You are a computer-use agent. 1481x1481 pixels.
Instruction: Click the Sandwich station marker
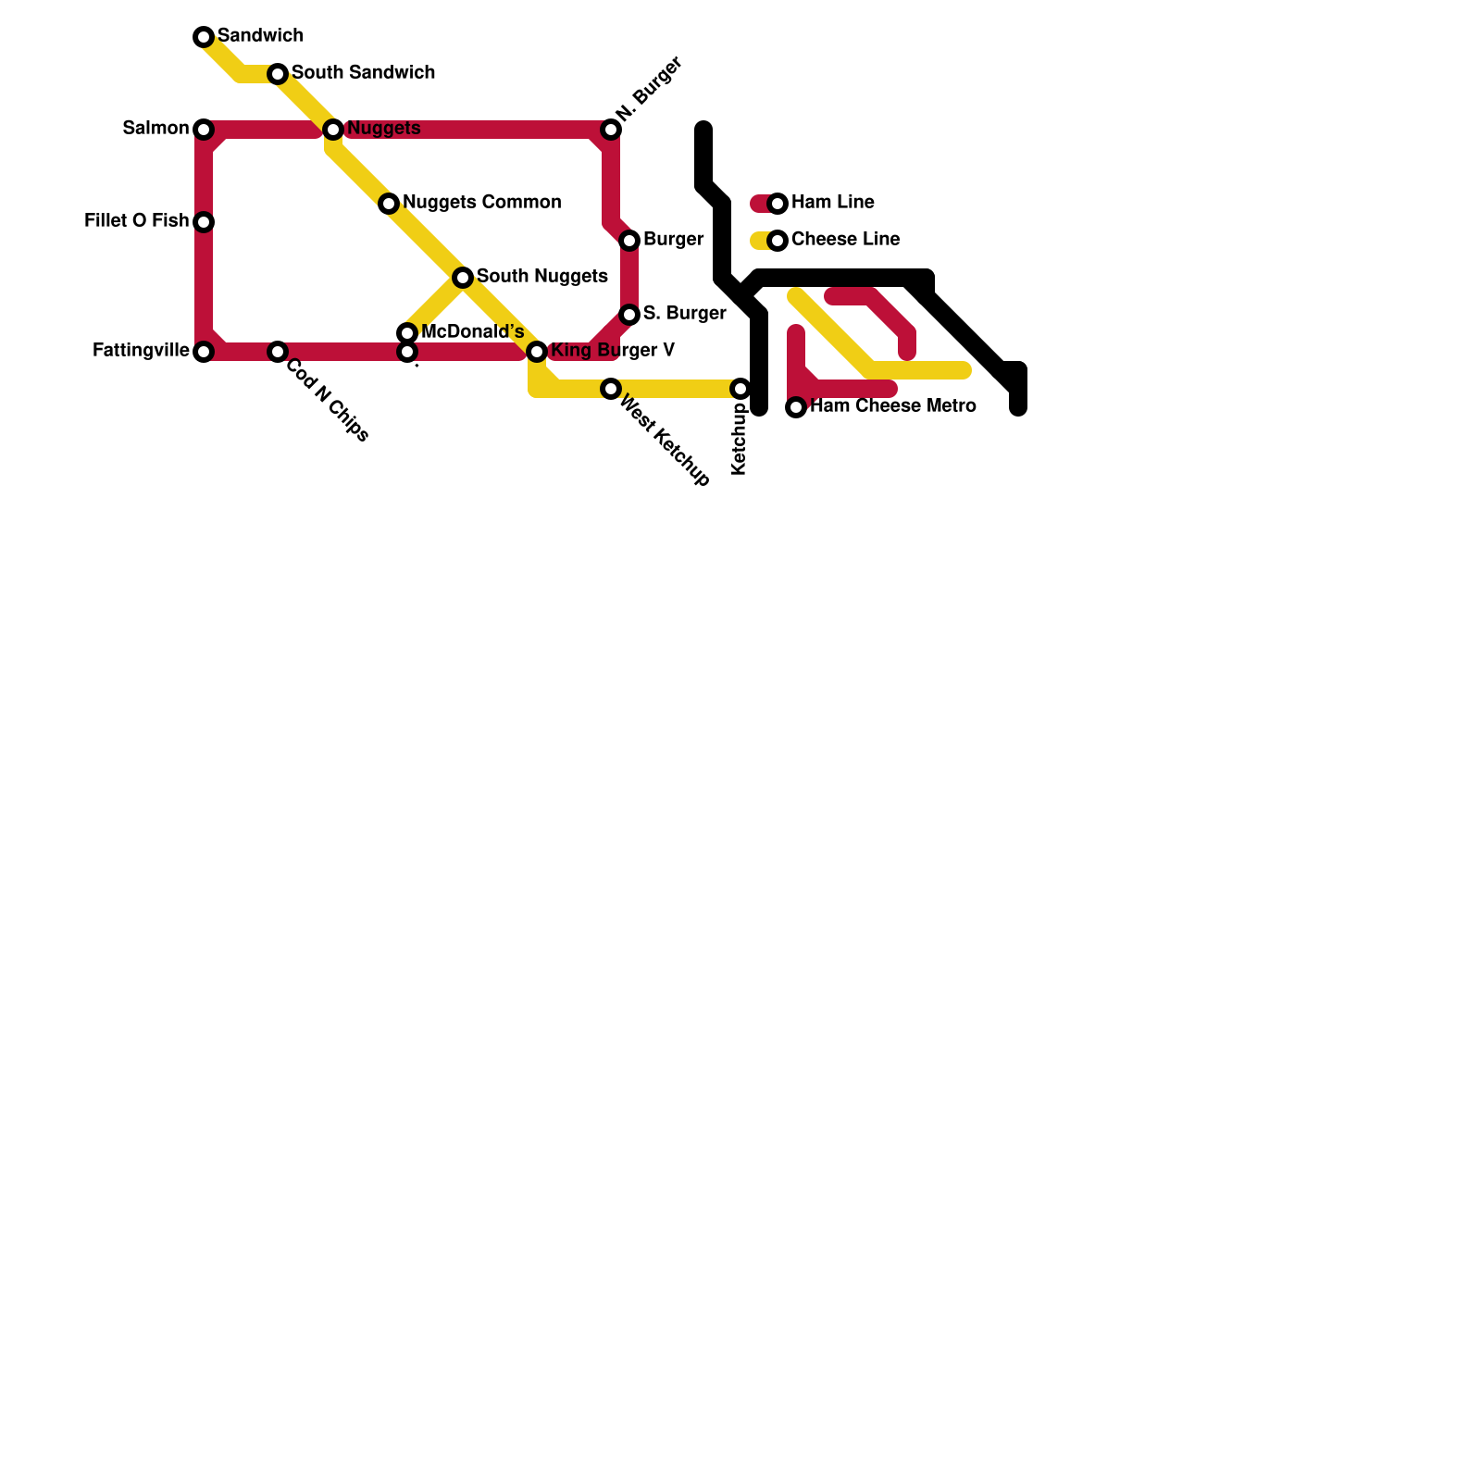(x=204, y=37)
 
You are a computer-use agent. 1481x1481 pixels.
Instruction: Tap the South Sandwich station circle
(x=278, y=74)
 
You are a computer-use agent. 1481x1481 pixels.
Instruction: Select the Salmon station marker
(x=204, y=130)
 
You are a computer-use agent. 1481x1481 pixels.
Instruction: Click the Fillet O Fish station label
(x=136, y=221)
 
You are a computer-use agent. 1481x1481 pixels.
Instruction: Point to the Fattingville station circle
(x=204, y=352)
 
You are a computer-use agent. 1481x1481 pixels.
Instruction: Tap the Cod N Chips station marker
(x=278, y=352)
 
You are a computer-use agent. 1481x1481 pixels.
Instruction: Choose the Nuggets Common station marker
(x=389, y=204)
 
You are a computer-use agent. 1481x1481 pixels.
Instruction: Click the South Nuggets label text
(x=541, y=277)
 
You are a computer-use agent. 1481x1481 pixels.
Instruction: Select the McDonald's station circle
(x=407, y=333)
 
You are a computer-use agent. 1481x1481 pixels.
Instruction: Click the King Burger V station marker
(x=537, y=352)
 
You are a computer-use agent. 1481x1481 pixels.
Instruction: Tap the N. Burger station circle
(x=611, y=130)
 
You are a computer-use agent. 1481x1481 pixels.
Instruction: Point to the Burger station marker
(x=629, y=241)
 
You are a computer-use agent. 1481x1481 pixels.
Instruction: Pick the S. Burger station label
(x=684, y=314)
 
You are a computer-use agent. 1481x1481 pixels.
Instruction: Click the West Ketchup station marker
(x=611, y=389)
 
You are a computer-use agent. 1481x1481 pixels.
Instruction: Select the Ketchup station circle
(x=740, y=389)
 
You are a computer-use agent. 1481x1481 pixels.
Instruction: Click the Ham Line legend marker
(x=778, y=204)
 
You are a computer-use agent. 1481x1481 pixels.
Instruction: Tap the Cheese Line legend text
(x=845, y=240)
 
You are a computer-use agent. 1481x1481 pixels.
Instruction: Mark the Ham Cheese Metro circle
(x=796, y=407)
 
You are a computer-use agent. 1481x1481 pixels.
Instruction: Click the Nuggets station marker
(x=333, y=130)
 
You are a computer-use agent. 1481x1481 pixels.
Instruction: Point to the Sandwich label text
(x=260, y=36)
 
